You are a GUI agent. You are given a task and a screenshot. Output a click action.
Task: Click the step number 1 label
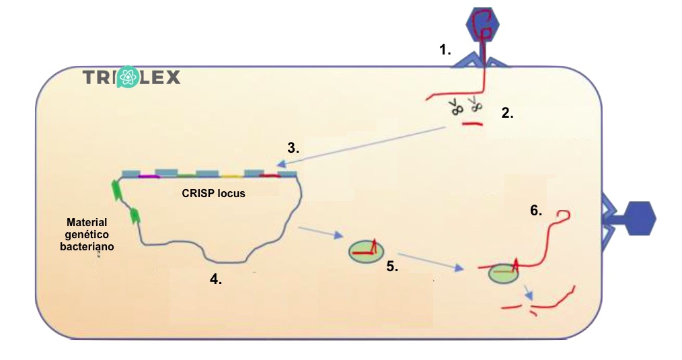[x=445, y=49]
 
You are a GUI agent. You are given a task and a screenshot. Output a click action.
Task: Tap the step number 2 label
[x=507, y=114]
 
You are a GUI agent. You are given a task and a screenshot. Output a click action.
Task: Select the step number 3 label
[x=293, y=148]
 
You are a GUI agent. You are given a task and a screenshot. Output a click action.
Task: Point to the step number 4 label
[x=216, y=280]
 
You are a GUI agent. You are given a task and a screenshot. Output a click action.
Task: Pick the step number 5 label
[x=392, y=267]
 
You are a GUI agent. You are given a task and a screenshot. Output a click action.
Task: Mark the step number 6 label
[x=536, y=211]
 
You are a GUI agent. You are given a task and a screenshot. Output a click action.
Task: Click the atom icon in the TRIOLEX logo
[x=127, y=78]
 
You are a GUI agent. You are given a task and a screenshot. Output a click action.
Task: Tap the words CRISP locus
[x=213, y=193]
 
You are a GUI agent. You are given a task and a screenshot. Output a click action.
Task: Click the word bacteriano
[x=90, y=246]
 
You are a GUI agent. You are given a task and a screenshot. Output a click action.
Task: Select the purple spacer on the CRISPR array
[x=149, y=176]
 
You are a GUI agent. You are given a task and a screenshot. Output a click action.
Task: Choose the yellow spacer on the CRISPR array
[x=231, y=176]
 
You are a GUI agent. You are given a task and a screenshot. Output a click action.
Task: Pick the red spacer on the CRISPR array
[x=270, y=176]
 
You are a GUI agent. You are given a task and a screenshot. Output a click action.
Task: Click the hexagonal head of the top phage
[x=485, y=25]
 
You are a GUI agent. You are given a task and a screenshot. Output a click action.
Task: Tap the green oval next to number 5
[x=365, y=252]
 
